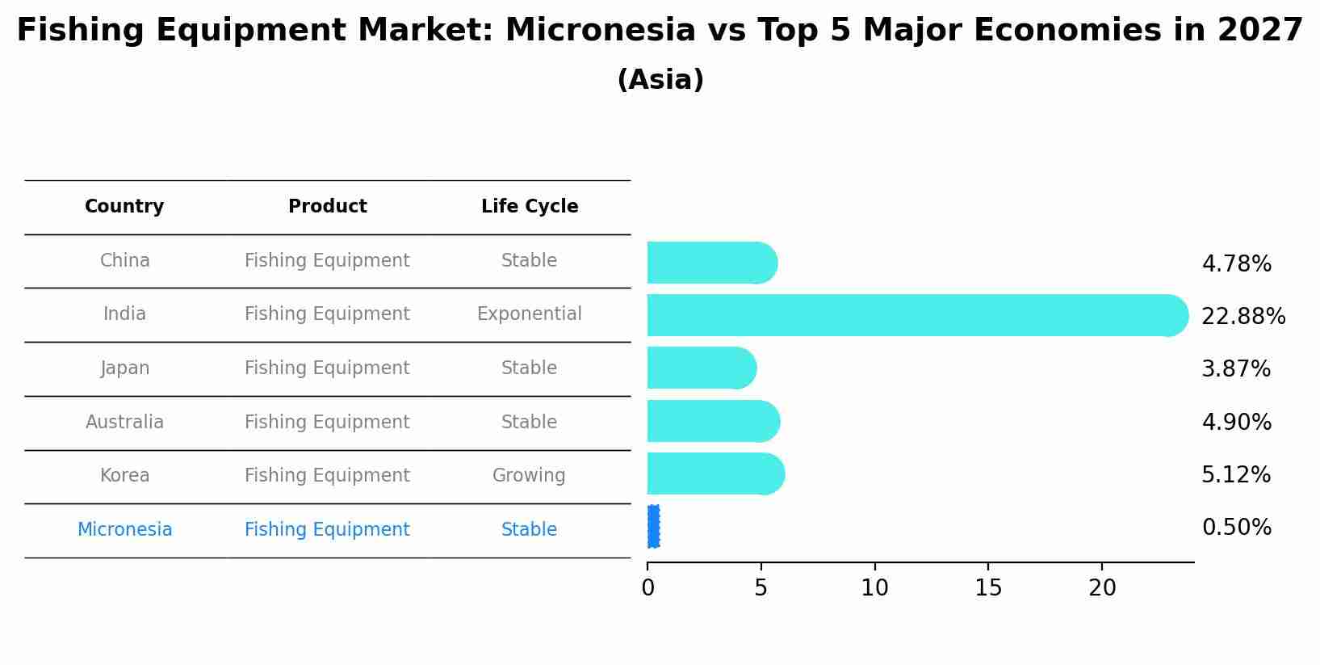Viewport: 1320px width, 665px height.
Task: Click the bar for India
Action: pos(917,315)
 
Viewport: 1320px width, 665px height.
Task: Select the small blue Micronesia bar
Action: pos(653,527)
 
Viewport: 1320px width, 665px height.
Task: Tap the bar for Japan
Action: pos(702,368)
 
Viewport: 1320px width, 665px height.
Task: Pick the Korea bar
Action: pos(716,473)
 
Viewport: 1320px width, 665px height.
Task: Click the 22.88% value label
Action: pos(1243,317)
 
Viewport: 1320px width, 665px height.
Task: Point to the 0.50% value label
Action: pos(1236,527)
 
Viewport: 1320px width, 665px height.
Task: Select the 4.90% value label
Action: pos(1236,422)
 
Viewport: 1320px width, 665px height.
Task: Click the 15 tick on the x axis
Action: pos(988,587)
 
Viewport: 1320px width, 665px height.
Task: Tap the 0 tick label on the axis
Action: pos(647,587)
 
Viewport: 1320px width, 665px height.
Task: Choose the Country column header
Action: pos(124,206)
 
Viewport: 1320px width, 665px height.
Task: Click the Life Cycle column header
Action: pos(529,206)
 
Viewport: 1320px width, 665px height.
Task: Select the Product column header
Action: pos(327,206)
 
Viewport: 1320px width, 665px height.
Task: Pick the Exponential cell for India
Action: pos(529,314)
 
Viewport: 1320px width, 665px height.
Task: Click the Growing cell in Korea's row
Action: pos(529,475)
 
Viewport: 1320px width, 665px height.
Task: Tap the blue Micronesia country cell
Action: pos(124,529)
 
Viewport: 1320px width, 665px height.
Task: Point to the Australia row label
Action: pos(124,422)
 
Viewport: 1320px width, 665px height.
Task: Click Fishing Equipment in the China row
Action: pos(327,260)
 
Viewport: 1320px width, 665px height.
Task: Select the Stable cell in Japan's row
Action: pos(529,368)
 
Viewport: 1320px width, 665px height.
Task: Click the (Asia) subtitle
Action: pos(660,79)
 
